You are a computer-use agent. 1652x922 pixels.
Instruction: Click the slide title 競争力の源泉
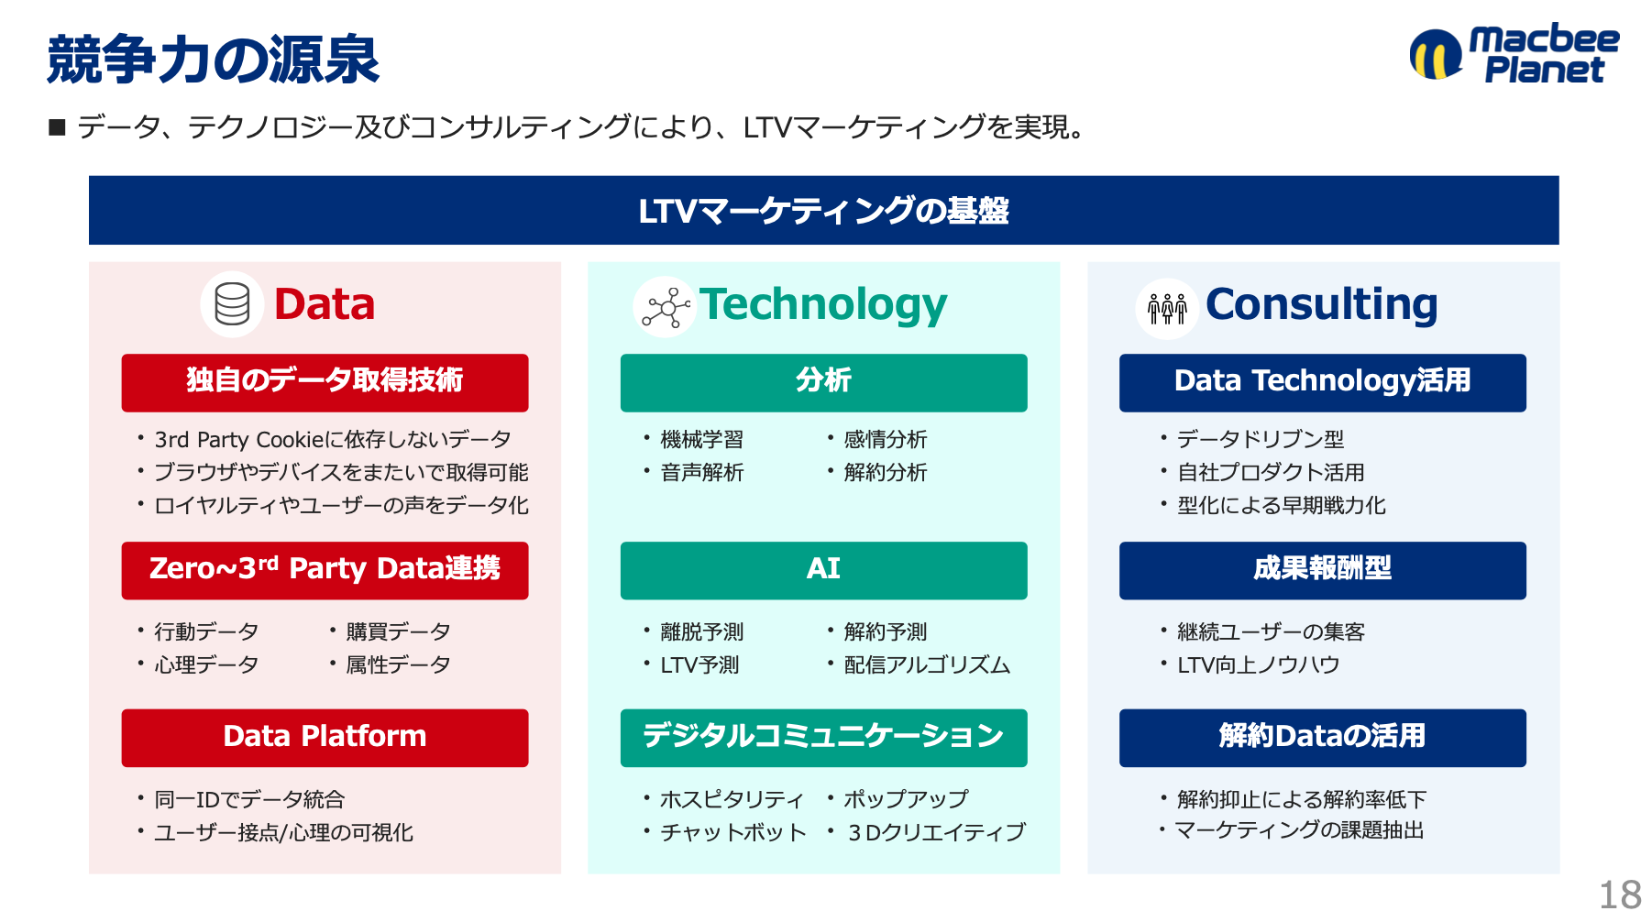(213, 60)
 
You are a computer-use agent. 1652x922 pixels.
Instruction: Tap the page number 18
(1620, 895)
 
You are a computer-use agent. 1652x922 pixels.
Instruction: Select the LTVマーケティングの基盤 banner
(823, 210)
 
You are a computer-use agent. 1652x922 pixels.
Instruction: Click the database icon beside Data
(232, 304)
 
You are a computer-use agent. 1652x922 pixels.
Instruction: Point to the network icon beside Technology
(666, 306)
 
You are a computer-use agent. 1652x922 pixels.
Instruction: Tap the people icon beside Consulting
(1167, 308)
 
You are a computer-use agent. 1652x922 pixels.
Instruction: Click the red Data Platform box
(325, 737)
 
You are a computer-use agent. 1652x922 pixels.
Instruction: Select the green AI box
(823, 570)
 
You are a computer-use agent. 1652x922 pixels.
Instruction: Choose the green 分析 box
(823, 382)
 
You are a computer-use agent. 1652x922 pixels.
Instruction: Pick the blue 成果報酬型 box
(1322, 570)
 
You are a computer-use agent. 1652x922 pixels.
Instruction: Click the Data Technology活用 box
(1322, 382)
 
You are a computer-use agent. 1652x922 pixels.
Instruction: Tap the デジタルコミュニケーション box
(823, 737)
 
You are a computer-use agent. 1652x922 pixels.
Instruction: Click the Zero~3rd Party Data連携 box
(325, 570)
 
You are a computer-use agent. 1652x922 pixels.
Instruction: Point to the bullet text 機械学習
(702, 440)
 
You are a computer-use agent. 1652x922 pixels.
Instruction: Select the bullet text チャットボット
(733, 832)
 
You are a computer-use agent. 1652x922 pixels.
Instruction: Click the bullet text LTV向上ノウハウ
(1259, 664)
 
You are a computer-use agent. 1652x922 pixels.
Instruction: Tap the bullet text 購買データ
(399, 631)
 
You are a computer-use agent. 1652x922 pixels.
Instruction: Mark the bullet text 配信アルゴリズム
(927, 664)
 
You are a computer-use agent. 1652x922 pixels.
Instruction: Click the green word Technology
(823, 305)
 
